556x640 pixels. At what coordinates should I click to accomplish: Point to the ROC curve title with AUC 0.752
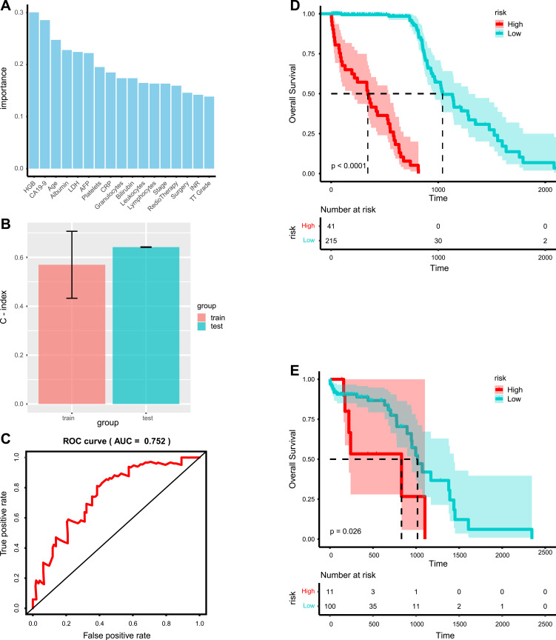tap(116, 441)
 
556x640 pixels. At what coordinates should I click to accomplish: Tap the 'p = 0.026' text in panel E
tap(349, 530)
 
